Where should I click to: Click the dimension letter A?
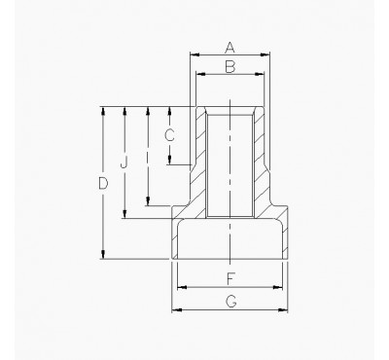click(230, 47)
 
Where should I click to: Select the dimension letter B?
click(230, 66)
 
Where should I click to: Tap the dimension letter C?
click(169, 135)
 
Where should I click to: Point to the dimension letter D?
click(104, 182)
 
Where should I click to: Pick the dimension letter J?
click(124, 162)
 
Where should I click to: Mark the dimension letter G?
click(230, 303)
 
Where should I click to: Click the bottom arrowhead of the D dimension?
click(104, 255)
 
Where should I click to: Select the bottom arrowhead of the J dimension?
click(124, 215)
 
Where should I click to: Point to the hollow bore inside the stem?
click(230, 161)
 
